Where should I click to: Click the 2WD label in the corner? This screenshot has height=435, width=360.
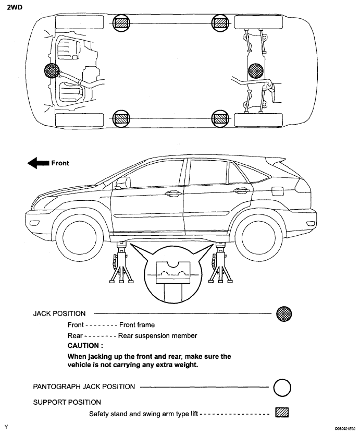pyautogui.click(x=15, y=8)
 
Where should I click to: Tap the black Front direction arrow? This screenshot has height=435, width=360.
pyautogui.click(x=38, y=163)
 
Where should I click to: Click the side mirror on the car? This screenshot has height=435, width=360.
pyautogui.click(x=123, y=183)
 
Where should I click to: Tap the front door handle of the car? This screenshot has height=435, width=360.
pyautogui.click(x=171, y=194)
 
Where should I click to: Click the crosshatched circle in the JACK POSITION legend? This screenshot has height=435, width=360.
pyautogui.click(x=283, y=314)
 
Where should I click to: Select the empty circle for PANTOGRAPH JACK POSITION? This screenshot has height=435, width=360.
pyautogui.click(x=282, y=387)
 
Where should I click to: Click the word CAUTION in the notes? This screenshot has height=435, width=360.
pyautogui.click(x=85, y=346)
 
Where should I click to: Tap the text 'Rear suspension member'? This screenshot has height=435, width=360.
pyautogui.click(x=157, y=336)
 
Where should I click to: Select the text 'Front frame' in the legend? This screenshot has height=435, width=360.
pyautogui.click(x=137, y=325)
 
